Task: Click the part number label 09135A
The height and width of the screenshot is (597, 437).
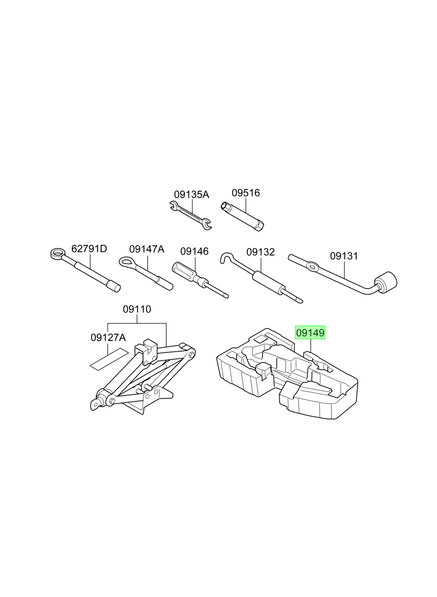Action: click(x=192, y=195)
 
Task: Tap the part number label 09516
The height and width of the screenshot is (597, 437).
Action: click(x=245, y=193)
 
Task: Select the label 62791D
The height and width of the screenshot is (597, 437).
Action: click(x=89, y=249)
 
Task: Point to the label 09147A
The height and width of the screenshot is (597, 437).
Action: click(x=147, y=249)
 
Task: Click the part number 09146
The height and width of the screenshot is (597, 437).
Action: click(x=194, y=251)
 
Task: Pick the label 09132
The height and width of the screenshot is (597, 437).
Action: click(x=260, y=252)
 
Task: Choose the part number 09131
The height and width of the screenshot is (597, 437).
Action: click(x=344, y=256)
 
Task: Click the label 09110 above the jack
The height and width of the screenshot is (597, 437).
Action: click(x=137, y=309)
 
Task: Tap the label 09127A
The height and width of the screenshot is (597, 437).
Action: click(x=108, y=337)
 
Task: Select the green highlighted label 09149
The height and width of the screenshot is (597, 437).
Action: click(x=310, y=333)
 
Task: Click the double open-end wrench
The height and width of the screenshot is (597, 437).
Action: click(x=190, y=215)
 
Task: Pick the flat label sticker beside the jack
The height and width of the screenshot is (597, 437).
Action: click(x=109, y=359)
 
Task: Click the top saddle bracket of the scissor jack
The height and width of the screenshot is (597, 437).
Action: click(x=146, y=352)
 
